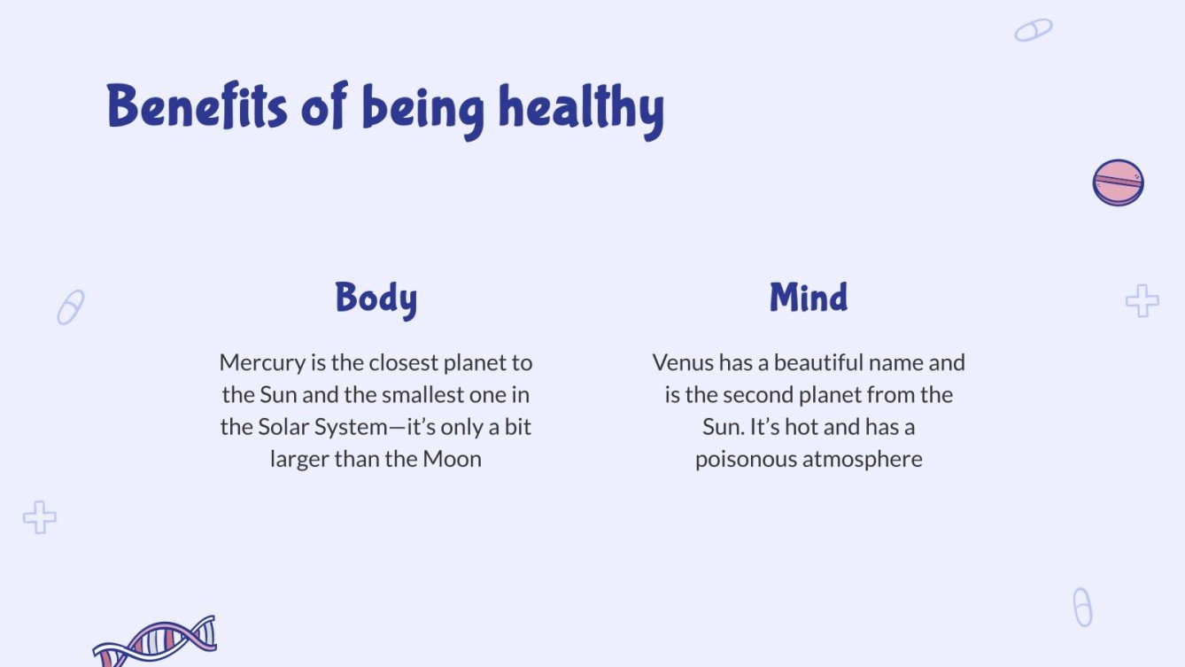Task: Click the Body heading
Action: pos(376,299)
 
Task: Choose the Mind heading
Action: pos(808,298)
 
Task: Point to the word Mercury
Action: pos(258,362)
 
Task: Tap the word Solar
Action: pos(283,427)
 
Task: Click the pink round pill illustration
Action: pos(1118,182)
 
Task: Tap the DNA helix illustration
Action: pos(155,640)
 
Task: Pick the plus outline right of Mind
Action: pos(1142,301)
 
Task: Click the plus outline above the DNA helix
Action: pos(40,517)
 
